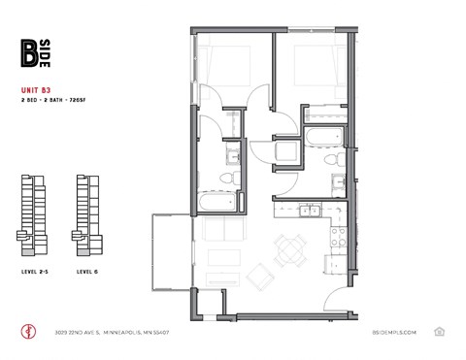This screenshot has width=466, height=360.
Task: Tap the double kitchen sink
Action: tap(308, 210)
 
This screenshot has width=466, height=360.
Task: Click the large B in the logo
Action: tap(29, 54)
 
